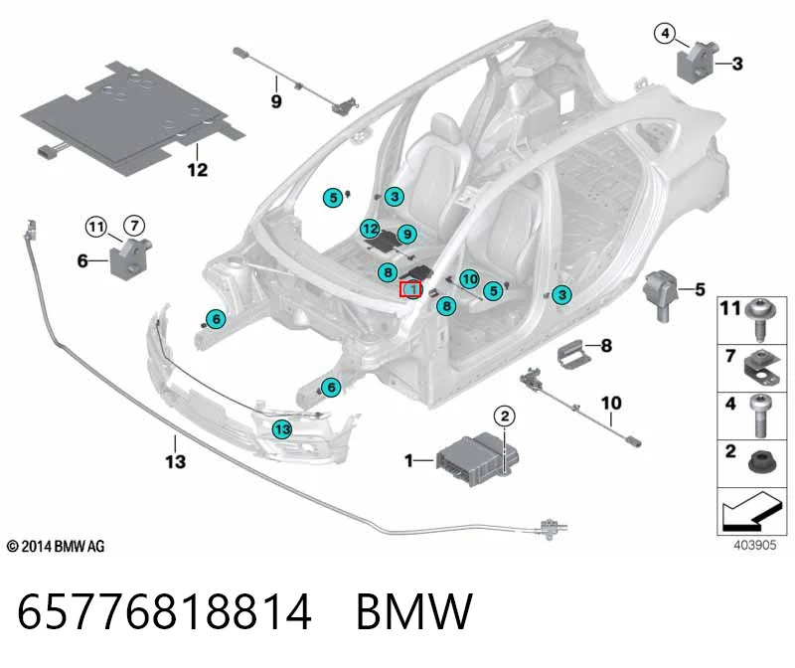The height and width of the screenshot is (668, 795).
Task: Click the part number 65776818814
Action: [x=164, y=611]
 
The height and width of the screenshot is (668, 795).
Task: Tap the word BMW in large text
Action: [x=414, y=611]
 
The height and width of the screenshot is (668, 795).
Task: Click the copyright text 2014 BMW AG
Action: [x=56, y=547]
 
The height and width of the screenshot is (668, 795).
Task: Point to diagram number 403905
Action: [x=755, y=546]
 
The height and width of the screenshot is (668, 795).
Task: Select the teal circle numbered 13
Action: [x=282, y=429]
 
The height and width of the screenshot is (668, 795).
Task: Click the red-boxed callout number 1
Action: [x=410, y=289]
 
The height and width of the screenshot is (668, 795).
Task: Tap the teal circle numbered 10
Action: [x=469, y=279]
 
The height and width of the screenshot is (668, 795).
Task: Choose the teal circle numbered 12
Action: [x=370, y=229]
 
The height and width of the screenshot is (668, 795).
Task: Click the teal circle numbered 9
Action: [x=407, y=235]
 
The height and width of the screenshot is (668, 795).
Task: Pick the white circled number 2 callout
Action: [x=505, y=417]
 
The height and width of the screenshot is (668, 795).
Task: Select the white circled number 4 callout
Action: [x=665, y=34]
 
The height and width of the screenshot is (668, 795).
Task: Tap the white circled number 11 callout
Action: [x=96, y=227]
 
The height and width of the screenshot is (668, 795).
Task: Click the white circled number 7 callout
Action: [x=134, y=225]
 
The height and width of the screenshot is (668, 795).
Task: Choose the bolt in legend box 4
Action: [x=759, y=416]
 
